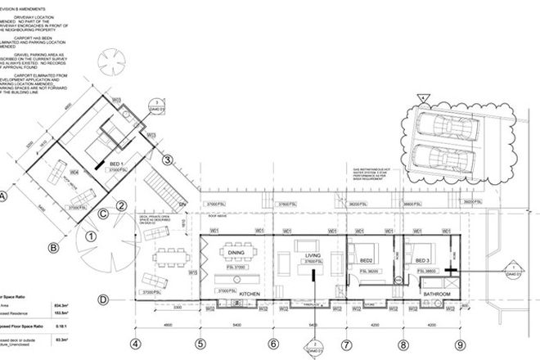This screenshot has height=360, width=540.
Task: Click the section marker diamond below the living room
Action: pyautogui.click(x=311, y=349)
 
